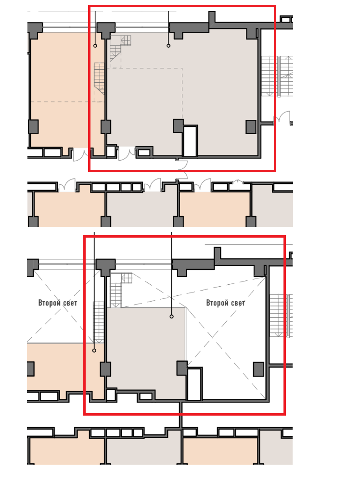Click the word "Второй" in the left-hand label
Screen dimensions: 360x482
(x=49, y=303)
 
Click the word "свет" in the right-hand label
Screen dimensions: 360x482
(x=238, y=303)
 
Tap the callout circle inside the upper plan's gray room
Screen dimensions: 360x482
(x=168, y=46)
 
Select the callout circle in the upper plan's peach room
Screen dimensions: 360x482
(x=95, y=46)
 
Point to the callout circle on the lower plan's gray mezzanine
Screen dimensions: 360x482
(x=171, y=317)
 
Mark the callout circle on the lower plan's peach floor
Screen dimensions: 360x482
(x=94, y=350)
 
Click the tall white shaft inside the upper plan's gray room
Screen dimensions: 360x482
(x=190, y=141)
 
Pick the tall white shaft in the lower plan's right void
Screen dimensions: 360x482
(x=194, y=384)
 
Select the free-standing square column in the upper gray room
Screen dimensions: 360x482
(x=251, y=127)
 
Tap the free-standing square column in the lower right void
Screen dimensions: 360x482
(x=258, y=369)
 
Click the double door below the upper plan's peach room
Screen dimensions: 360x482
(x=82, y=154)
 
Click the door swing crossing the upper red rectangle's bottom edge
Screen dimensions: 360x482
(x=182, y=165)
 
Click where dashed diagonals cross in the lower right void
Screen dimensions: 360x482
(x=212, y=337)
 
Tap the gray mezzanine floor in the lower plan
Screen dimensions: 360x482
(x=146, y=350)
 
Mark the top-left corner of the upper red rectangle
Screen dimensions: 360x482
(x=89, y=6)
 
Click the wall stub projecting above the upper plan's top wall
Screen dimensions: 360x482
(x=212, y=17)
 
